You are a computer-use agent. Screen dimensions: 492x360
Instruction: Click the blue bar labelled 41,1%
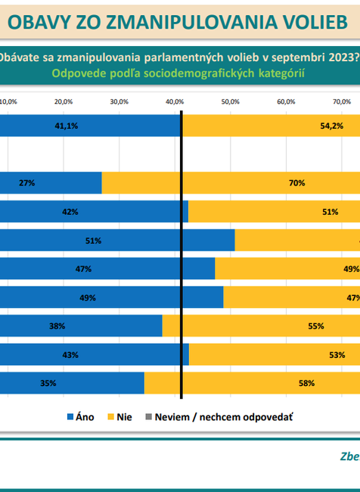91,125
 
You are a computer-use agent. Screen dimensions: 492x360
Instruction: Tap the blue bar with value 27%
51,182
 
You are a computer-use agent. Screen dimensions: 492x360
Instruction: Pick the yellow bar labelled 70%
231,182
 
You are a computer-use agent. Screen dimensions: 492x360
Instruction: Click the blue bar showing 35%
72,383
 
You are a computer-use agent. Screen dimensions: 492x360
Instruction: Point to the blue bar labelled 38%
81,326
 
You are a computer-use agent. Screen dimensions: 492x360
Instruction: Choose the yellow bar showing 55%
261,326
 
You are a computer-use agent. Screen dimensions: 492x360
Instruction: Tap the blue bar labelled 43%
94,355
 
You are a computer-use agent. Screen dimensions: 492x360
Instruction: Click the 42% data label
70,212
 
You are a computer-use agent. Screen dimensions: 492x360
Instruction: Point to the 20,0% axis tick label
64,101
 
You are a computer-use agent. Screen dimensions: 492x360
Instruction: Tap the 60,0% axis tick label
286,101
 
